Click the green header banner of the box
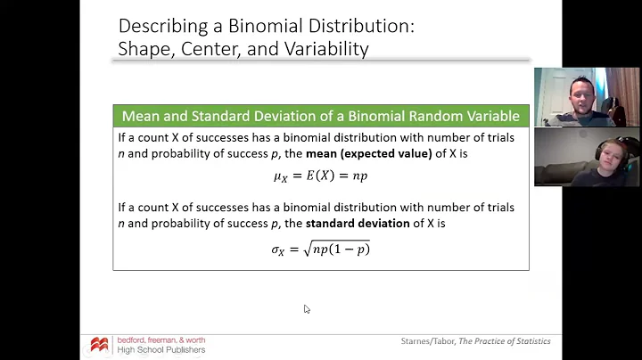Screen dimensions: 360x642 point(320,116)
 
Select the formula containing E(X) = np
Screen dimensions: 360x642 point(320,176)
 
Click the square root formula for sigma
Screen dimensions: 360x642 point(320,249)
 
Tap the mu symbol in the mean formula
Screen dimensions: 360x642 point(279,176)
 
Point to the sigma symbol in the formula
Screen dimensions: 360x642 point(277,250)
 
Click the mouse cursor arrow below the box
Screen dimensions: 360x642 point(307,309)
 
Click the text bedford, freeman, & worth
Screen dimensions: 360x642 point(161,340)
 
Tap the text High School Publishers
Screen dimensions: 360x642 point(161,350)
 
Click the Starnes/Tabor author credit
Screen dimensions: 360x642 point(427,341)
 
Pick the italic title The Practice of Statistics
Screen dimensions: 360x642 point(505,341)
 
